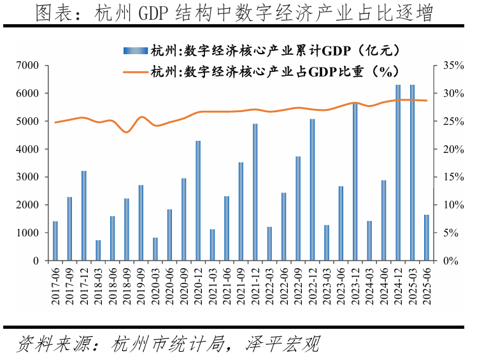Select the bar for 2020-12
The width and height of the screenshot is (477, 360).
(x=198, y=201)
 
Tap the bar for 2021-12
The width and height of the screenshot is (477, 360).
(x=255, y=192)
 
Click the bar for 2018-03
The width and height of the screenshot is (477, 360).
(x=98, y=250)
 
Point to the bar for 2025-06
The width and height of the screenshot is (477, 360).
(x=426, y=238)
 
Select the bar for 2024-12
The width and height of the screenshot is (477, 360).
(x=398, y=173)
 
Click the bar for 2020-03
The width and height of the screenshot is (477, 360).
(x=155, y=249)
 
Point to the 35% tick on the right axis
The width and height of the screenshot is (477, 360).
(x=445, y=66)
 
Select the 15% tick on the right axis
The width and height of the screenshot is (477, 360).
(x=445, y=177)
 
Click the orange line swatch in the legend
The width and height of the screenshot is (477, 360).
(x=137, y=72)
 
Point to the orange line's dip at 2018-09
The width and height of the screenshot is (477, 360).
(x=126, y=132)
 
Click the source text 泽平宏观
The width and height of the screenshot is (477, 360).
(x=282, y=344)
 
